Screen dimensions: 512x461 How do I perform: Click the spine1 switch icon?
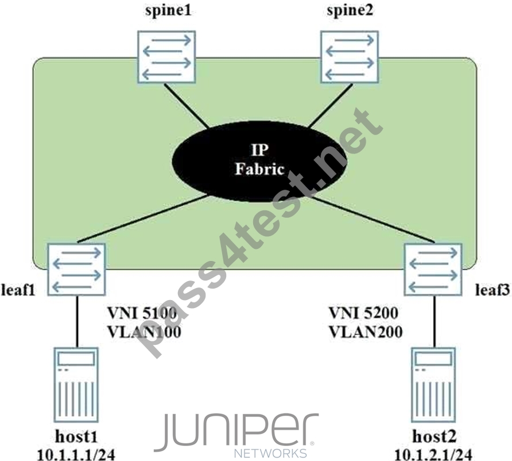166,57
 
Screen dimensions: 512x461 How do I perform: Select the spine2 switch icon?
350,57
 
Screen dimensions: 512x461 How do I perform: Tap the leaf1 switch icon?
76,270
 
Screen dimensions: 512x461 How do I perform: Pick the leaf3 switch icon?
433,270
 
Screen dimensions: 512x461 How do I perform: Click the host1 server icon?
76,385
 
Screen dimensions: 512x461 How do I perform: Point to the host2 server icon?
433,385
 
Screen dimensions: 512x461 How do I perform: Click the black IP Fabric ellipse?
259,161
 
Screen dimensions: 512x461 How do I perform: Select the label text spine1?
168,11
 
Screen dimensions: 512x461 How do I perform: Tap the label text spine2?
350,11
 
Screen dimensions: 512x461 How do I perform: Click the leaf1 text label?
18,290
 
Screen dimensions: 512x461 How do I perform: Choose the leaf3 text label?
492,290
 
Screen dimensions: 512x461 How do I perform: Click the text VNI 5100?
142,313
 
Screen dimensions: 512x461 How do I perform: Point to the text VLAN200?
366,332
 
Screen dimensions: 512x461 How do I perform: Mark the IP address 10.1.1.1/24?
76,455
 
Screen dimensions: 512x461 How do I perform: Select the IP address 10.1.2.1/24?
433,455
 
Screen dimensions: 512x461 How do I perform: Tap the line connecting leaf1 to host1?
77,321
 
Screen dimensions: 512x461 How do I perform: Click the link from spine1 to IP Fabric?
187,106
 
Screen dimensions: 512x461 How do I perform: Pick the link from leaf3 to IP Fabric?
373,220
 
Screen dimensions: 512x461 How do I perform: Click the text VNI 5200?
363,313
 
